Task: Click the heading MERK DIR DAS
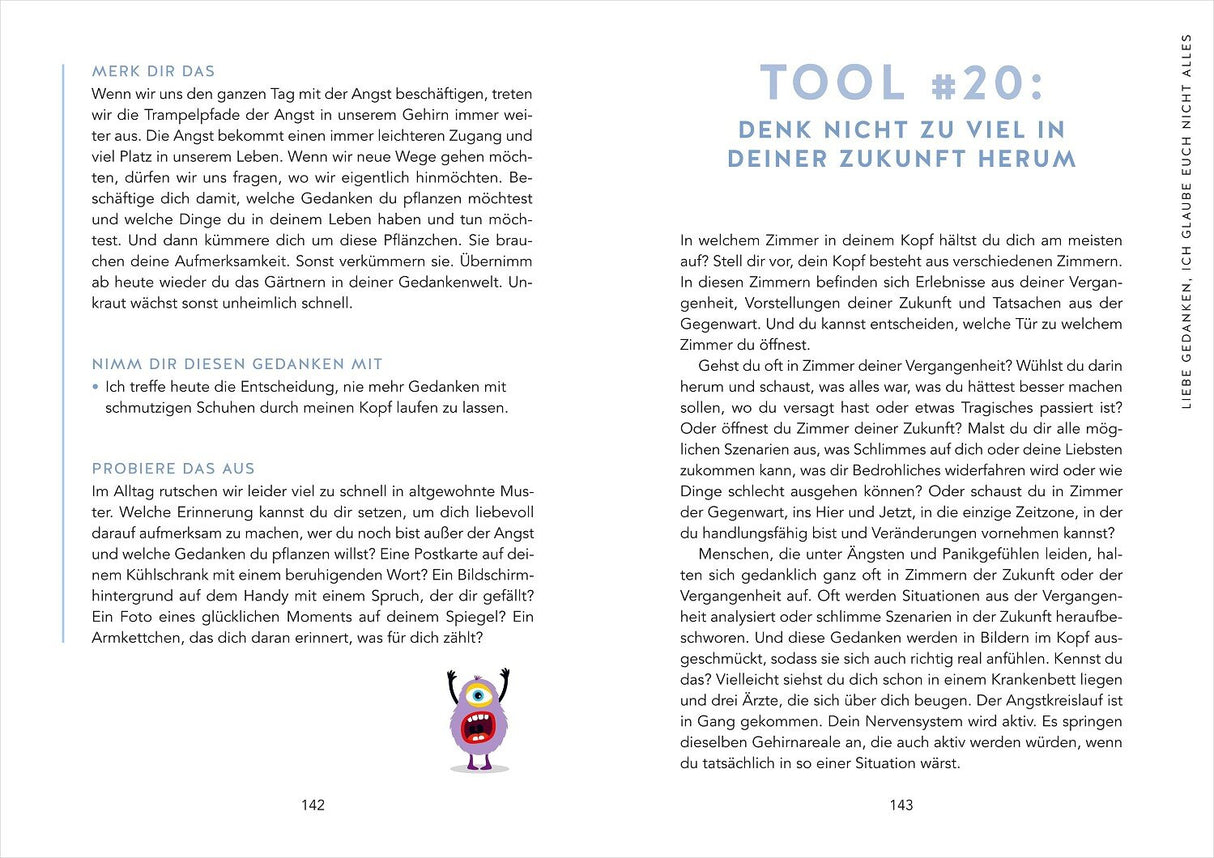153,72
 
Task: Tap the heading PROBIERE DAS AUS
173,468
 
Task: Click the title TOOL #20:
902,82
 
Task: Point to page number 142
313,805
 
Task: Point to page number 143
901,805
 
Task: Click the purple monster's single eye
477,694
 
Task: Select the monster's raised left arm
451,682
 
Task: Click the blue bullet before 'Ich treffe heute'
95,387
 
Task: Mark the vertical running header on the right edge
1187,221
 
